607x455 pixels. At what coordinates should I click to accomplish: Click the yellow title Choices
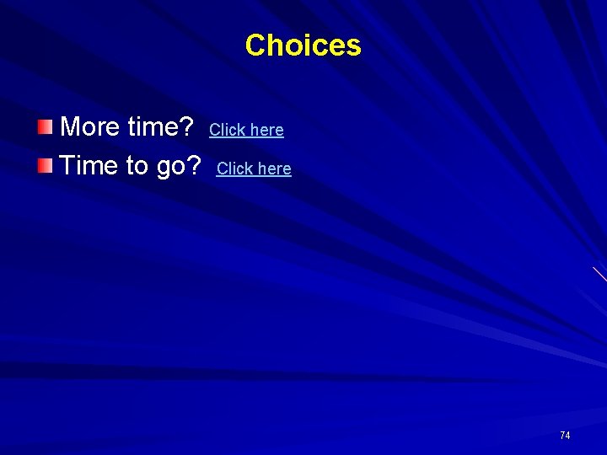[x=303, y=45]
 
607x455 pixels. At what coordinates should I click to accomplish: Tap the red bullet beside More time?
[x=44, y=127]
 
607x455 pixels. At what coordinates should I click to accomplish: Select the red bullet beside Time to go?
[x=44, y=165]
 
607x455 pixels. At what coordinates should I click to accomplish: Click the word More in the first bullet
[x=90, y=127]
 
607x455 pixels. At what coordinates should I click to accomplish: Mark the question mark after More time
[x=188, y=127]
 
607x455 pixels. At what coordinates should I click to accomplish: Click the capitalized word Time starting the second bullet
[x=89, y=166]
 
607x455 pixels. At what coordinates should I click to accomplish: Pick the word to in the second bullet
[x=137, y=166]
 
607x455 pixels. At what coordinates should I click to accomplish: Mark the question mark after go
[x=195, y=166]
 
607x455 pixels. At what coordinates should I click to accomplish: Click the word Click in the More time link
[x=227, y=130]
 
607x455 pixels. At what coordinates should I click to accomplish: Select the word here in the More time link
[x=266, y=130]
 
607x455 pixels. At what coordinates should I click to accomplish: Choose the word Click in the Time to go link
[x=234, y=169]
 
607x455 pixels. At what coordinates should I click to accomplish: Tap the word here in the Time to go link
[x=274, y=169]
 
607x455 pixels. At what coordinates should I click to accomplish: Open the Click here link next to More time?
[x=246, y=130]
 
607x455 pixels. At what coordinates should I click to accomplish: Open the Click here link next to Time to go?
[x=254, y=169]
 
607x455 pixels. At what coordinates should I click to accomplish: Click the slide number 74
[x=565, y=435]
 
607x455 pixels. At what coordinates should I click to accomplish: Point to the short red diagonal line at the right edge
[x=599, y=274]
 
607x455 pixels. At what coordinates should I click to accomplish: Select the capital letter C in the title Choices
[x=255, y=45]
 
